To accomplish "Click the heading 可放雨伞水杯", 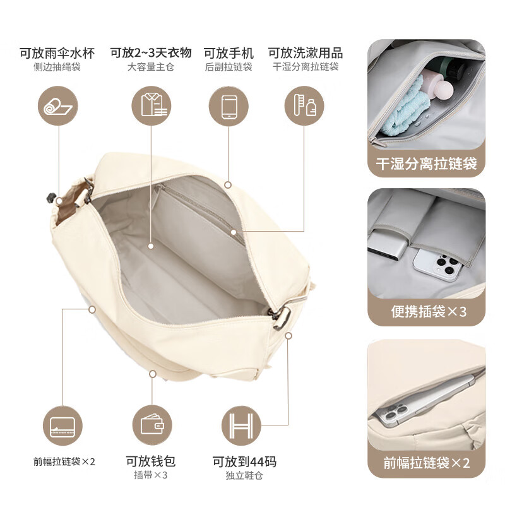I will [58, 52].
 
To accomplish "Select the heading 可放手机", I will [228, 52].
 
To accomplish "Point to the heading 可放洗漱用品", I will [305, 52].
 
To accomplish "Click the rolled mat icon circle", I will [58, 106].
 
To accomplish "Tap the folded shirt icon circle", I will [151, 106].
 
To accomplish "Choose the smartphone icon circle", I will [228, 106].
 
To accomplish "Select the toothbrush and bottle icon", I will [305, 106].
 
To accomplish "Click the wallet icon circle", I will [151, 424].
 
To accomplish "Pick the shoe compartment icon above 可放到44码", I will [242, 424].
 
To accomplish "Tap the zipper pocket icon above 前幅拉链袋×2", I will [62, 424].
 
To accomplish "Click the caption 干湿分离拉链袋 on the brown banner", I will [426, 165].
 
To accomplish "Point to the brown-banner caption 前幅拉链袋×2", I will [427, 463].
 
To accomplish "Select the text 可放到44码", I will [244, 461].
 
